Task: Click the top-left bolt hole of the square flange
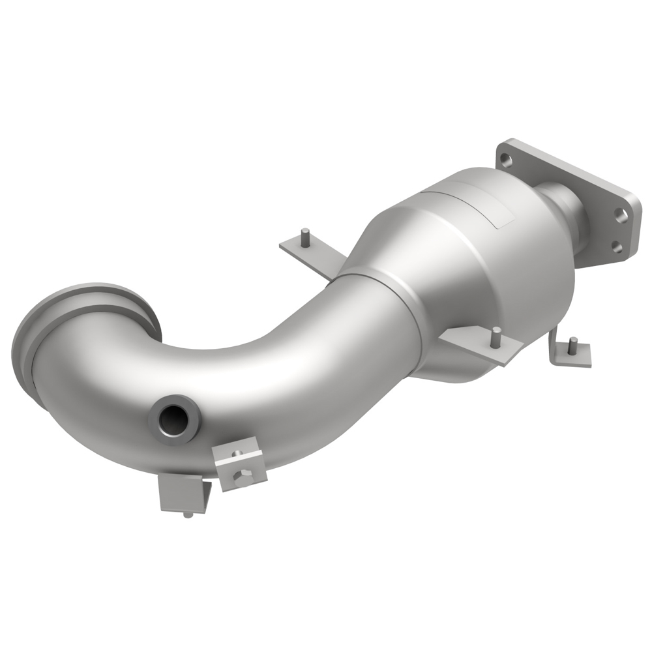504,156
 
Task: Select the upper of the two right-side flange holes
621,216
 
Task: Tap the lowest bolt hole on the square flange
617,247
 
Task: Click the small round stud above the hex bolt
237,452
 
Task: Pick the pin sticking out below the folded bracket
188,515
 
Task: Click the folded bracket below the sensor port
179,492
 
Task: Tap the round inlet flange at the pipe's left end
39,346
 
